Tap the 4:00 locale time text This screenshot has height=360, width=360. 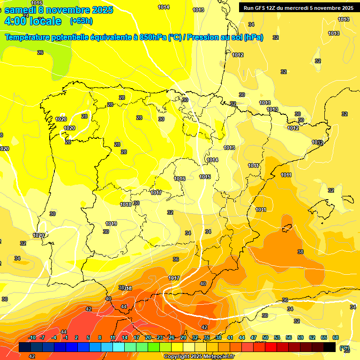(x=32, y=21)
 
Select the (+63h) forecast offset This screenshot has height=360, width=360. (x=81, y=21)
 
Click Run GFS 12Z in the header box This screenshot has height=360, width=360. (x=260, y=7)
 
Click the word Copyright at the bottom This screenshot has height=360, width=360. (x=176, y=357)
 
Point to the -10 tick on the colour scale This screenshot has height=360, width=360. (x=32, y=338)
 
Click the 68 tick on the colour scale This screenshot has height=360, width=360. (x=336, y=338)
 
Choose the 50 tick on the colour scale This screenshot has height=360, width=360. (x=265, y=338)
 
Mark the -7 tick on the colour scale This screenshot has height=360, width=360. (x=43, y=338)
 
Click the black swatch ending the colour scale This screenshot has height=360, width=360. (x=330, y=347)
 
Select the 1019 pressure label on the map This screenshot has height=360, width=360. (x=111, y=224)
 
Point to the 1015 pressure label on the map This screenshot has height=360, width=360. (x=205, y=177)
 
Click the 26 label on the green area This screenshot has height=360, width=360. (x=40, y=52)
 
